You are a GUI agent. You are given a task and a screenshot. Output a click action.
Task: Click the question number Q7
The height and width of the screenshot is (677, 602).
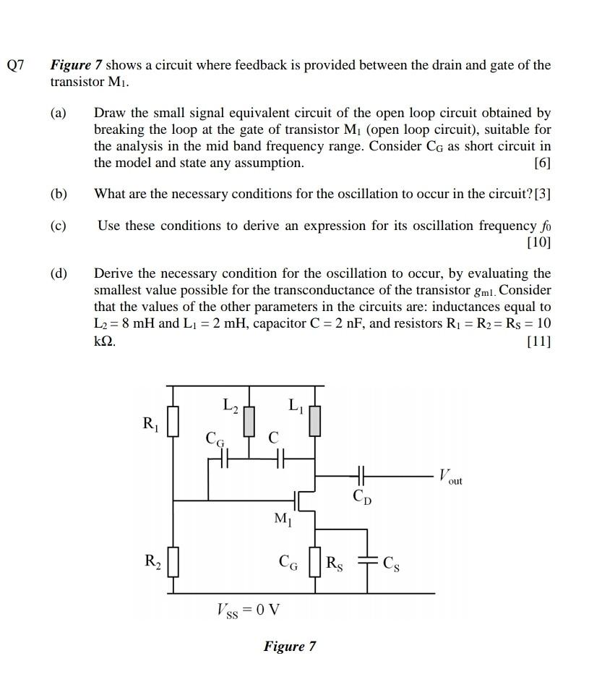pyautogui.click(x=16, y=65)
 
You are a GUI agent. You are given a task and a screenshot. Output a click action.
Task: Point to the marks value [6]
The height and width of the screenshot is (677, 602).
pyautogui.click(x=541, y=163)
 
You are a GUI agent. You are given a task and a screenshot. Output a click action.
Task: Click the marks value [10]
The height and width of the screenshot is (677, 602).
pyautogui.click(x=538, y=242)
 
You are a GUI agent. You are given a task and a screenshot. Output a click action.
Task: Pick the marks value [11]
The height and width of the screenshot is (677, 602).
pyautogui.click(x=538, y=341)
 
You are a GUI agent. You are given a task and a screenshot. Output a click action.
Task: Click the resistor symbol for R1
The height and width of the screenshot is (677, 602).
pyautogui.click(x=173, y=422)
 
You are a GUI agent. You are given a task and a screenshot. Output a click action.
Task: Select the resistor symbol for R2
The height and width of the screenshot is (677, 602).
pyautogui.click(x=173, y=562)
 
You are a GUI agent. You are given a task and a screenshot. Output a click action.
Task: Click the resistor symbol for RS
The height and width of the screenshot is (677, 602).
pyautogui.click(x=314, y=562)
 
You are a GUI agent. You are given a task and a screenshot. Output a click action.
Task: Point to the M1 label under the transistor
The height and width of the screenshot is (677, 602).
pyautogui.click(x=283, y=519)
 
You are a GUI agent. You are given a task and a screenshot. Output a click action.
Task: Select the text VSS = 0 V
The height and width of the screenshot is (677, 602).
pyautogui.click(x=249, y=610)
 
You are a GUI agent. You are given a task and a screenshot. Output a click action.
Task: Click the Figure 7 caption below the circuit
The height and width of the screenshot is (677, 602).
pyautogui.click(x=289, y=646)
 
